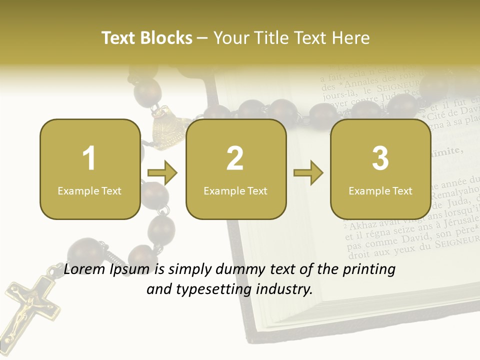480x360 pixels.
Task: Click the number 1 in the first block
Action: pos(89,158)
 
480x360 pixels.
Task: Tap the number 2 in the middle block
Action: pos(235,158)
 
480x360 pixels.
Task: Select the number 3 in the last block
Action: pos(380,158)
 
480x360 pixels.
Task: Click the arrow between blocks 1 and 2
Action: pos(162,173)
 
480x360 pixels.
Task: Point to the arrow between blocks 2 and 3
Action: pos(308,173)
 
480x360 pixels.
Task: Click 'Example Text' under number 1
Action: pos(89,191)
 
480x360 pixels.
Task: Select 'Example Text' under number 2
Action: pos(235,191)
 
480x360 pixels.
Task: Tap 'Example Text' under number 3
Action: pos(380,191)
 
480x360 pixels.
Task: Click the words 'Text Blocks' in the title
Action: pos(147,38)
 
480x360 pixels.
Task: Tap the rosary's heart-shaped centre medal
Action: pos(166,127)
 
